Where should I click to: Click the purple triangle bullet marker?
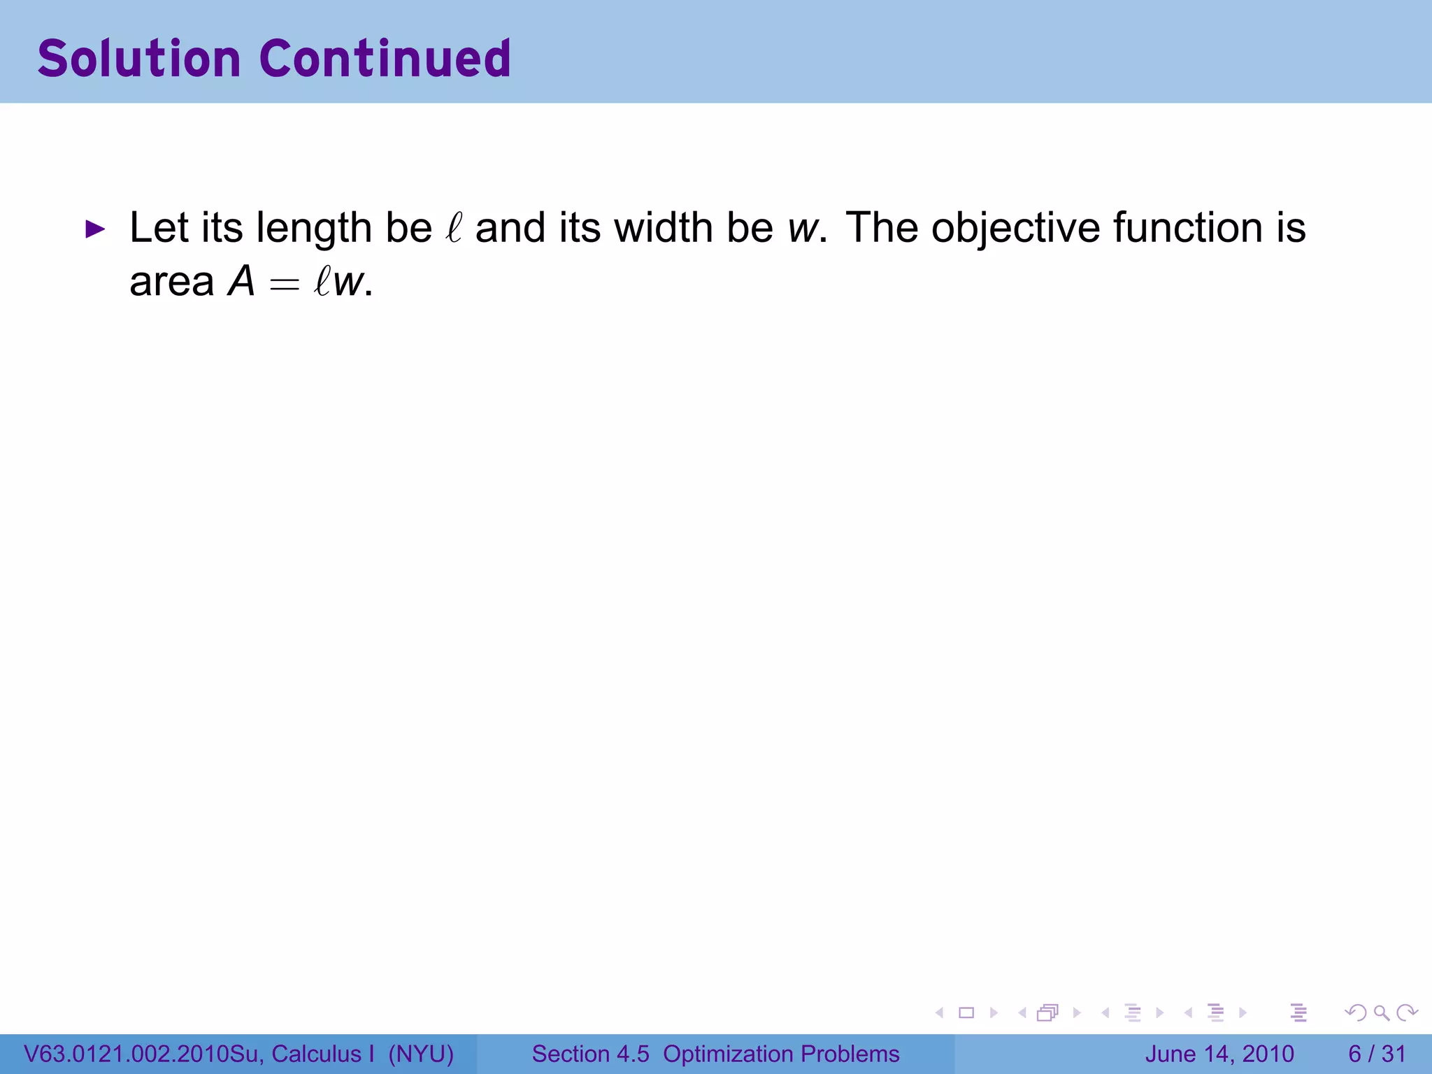[x=94, y=229]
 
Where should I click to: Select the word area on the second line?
[x=171, y=282]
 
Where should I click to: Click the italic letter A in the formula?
[x=242, y=282]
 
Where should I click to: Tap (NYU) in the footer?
[x=421, y=1054]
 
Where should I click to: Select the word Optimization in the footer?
[x=724, y=1054]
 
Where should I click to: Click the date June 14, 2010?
[x=1219, y=1054]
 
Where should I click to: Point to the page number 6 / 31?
[x=1377, y=1054]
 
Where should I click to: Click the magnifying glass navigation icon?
[x=1381, y=1012]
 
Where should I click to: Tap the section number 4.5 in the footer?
[x=632, y=1054]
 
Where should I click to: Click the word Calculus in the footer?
[x=317, y=1054]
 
